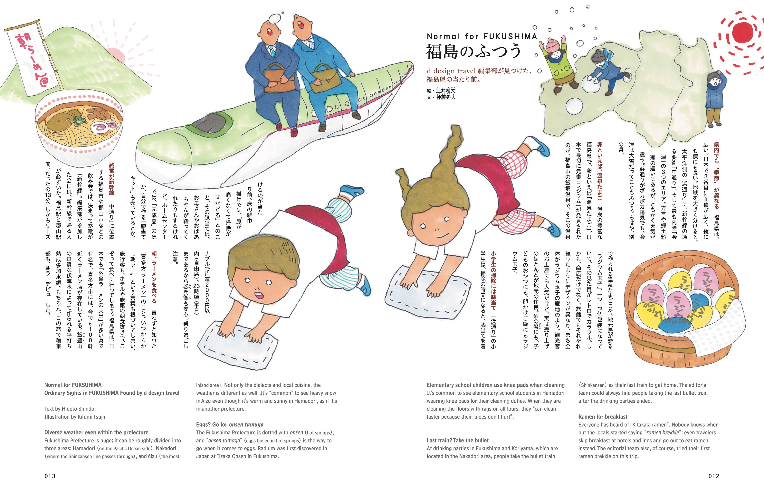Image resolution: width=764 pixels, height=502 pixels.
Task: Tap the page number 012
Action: (714, 476)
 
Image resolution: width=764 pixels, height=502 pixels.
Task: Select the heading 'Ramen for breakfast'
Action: (603, 417)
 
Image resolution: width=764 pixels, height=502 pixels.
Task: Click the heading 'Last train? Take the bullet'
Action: (457, 440)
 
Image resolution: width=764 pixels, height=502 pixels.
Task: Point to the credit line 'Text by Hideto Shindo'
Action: (69, 409)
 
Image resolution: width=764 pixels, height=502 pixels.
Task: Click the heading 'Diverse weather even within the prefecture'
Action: (96, 432)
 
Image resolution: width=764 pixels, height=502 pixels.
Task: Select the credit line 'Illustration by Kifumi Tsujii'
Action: (74, 417)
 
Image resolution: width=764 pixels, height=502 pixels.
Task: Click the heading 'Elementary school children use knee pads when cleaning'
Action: (495, 385)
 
